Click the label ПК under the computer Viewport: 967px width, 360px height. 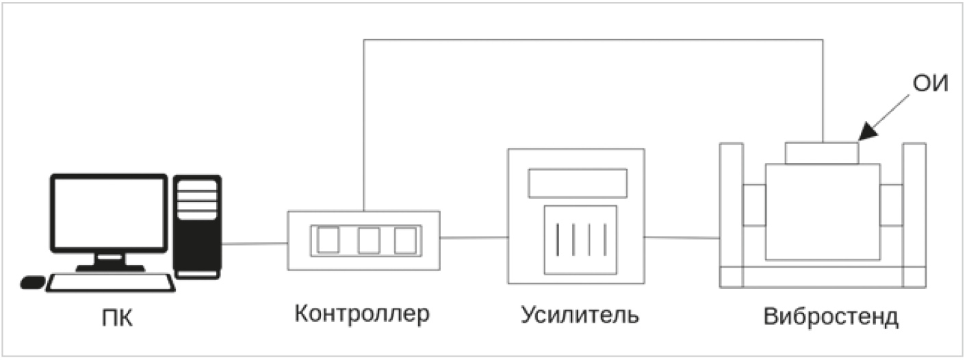[118, 318]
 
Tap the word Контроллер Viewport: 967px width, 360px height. [362, 314]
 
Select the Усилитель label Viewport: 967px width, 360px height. [580, 315]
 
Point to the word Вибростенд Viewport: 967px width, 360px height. [831, 316]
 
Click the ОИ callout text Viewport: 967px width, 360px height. [930, 83]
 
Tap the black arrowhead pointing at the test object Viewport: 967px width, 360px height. [868, 131]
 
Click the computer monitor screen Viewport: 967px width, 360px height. [109, 214]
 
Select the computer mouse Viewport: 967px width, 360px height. [32, 282]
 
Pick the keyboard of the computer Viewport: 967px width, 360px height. [111, 283]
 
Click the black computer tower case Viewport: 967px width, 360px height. [197, 227]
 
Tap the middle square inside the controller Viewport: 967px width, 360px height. [369, 240]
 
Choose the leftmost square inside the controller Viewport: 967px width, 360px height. [328, 240]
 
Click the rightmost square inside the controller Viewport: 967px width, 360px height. [405, 240]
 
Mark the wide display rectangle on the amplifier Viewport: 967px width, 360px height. [578, 183]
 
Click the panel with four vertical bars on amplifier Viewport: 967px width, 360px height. [580, 240]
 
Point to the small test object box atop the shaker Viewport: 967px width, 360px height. [822, 153]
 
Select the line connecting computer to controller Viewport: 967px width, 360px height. [255, 244]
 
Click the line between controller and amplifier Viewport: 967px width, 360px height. [474, 237]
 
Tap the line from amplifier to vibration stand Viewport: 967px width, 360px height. [682, 237]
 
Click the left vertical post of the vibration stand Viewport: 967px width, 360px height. [732, 215]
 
